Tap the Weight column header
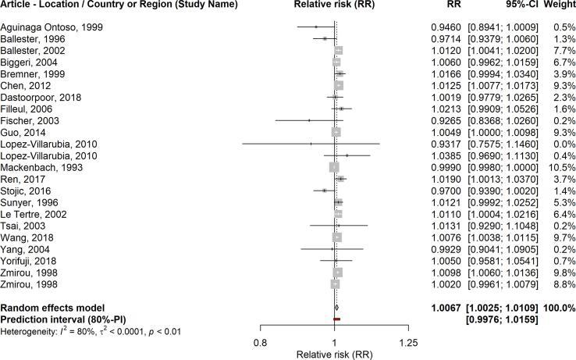coord(556,7)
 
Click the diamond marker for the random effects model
coord(336,308)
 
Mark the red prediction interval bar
coord(337,319)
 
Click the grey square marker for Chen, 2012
coord(339,85)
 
